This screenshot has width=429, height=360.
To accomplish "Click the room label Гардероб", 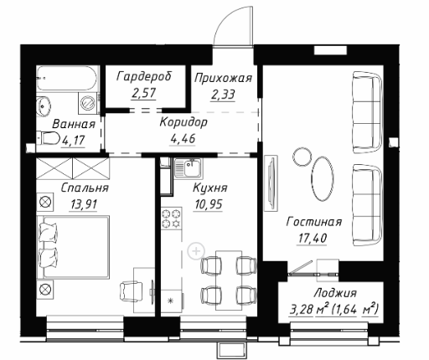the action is point(144,76).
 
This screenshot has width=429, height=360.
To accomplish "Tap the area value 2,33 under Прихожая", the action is point(223,95).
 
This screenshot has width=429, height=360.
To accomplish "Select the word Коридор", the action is point(183,122).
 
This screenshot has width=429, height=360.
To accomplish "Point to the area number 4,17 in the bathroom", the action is point(73,141).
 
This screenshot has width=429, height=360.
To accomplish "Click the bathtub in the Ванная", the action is point(67,78).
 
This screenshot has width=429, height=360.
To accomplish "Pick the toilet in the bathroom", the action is point(48,138).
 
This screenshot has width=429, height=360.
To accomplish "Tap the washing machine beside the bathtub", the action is point(88,103).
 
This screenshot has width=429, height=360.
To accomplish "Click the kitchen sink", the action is point(189,168).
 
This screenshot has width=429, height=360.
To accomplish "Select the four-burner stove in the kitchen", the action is point(171,219).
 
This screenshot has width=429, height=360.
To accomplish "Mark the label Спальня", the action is point(85,188).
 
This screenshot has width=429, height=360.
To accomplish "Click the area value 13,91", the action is point(84,204).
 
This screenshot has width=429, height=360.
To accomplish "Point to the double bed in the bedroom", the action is point(73,247).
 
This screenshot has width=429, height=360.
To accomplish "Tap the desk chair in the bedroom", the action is point(131,291).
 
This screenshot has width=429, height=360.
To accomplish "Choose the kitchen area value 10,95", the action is point(208,204).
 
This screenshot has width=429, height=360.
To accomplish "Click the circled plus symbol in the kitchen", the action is point(196,251).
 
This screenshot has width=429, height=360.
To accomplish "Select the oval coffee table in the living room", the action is point(322,178).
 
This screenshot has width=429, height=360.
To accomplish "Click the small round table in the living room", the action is point(302,157).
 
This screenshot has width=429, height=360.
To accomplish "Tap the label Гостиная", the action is point(314,222).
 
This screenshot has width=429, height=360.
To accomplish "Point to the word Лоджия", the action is point(335,293).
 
